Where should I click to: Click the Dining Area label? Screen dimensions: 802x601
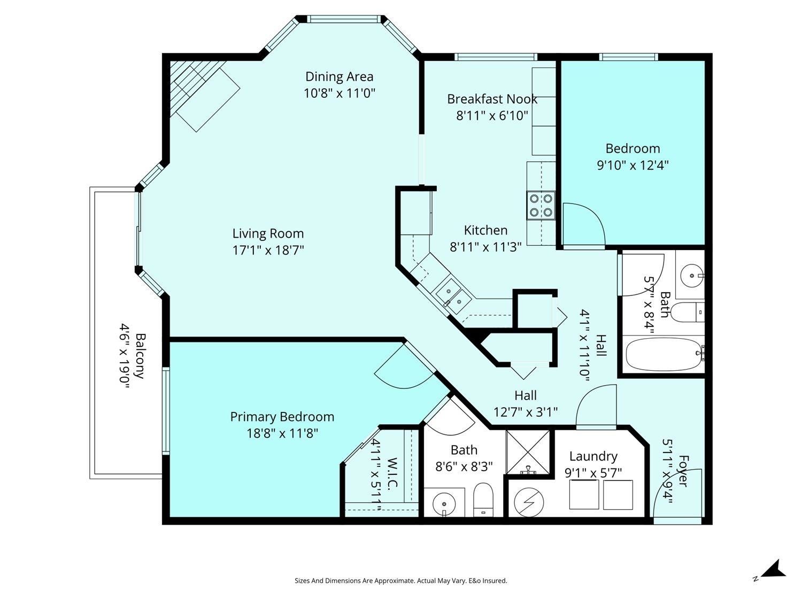pos(339,76)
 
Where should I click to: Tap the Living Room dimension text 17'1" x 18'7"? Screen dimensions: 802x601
pos(268,251)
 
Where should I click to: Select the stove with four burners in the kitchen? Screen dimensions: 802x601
pos(541,206)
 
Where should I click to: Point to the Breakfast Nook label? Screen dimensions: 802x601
pos(492,99)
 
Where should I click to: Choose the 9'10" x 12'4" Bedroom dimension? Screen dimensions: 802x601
pos(633,165)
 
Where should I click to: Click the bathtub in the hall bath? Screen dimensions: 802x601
pos(664,354)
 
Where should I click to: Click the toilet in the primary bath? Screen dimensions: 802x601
pos(483,499)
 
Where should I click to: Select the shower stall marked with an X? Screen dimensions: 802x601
pos(528,452)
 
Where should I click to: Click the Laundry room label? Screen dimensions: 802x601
pos(593,457)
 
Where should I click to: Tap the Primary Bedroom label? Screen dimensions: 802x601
pos(282,417)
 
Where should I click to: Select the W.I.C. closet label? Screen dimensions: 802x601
pos(392,473)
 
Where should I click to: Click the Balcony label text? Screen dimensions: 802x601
pos(141,356)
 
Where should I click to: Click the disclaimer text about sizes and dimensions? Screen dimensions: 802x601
pos(401,581)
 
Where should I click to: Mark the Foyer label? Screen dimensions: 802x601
pos(683,471)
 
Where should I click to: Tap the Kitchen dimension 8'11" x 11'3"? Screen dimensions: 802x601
pos(485,247)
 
